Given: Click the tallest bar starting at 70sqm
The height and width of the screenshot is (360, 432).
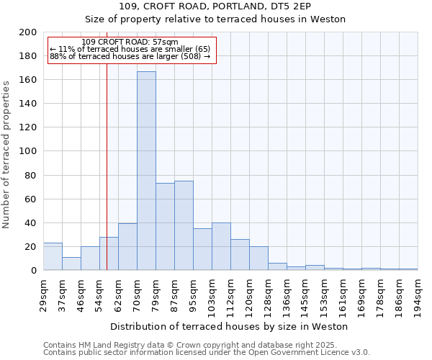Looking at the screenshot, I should [146, 171].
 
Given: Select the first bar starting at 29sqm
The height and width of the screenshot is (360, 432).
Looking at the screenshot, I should [53, 256].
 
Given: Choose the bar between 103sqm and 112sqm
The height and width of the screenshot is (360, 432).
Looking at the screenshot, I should [221, 246].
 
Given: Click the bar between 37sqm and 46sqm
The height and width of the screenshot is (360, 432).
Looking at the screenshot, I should [71, 264].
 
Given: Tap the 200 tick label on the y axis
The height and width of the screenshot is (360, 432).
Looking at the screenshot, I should [28, 32].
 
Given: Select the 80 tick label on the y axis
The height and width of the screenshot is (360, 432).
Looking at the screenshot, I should [31, 175].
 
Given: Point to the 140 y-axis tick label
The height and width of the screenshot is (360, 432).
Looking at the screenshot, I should [28, 104].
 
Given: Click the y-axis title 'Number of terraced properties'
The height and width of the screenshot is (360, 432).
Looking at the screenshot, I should [6, 154].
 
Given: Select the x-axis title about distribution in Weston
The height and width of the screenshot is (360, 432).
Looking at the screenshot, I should [229, 326].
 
